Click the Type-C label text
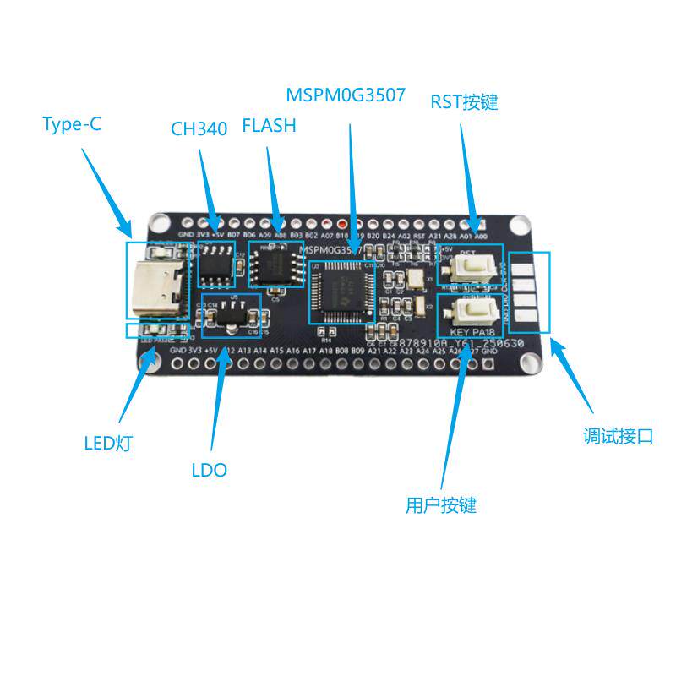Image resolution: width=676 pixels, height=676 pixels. coord(72,125)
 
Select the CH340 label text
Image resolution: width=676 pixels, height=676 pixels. coord(199,129)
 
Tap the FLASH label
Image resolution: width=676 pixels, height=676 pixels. coord(269,127)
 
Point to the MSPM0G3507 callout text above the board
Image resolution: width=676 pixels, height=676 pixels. coord(346,95)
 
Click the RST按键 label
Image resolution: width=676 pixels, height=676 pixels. coord(464,103)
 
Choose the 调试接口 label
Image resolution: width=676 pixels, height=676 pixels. coord(618,437)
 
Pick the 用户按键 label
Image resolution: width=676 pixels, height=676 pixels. coord(441,505)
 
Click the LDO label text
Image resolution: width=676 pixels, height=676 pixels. coord(209,471)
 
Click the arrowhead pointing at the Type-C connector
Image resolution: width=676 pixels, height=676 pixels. coord(129,230)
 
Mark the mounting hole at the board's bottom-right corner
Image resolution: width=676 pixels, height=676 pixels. coord(530,362)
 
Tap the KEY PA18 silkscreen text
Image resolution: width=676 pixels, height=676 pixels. coord(470,333)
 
